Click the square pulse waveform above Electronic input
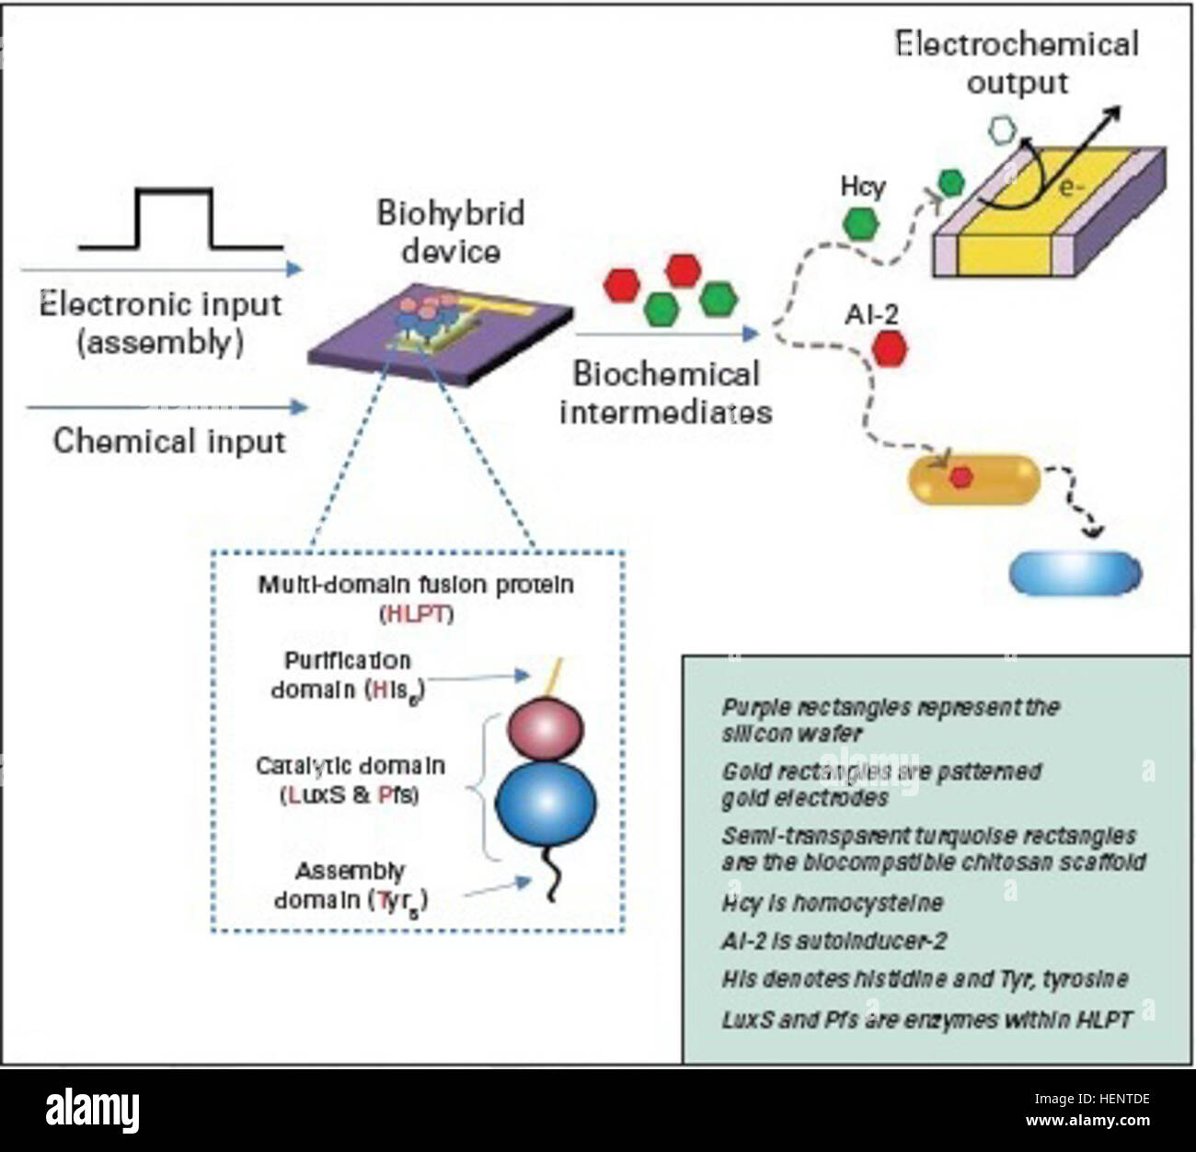coord(175,220)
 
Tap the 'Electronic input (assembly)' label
coord(160,324)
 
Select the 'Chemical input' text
coord(169,441)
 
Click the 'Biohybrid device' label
coord(450,232)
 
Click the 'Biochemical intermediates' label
coord(665,393)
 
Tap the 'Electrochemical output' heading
coord(1016,63)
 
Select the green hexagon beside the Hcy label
coord(860,223)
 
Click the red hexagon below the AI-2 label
coord(889,348)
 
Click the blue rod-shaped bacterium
coord(1075,573)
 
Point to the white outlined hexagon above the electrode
coord(1000,131)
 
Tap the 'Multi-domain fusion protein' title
coord(416,585)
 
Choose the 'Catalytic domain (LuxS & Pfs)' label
coord(350,781)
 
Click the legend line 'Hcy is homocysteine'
coord(832,903)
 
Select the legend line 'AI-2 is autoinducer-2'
coord(834,941)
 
